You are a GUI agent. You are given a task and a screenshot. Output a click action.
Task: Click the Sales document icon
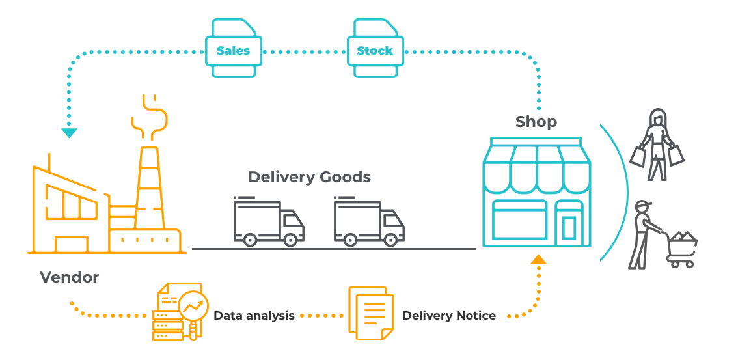coord(234,48)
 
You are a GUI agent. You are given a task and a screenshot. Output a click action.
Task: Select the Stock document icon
coord(375,48)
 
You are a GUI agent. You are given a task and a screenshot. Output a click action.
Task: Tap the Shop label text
coord(536,122)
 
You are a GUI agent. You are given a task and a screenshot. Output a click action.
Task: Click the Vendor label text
coord(69,277)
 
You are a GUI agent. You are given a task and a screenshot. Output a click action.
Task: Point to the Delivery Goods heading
coord(309,177)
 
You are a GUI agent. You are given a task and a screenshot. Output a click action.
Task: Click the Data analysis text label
coord(254,315)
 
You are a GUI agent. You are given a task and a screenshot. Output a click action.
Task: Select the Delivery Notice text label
coord(448,315)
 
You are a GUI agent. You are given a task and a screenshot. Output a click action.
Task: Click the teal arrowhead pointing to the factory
coord(69,133)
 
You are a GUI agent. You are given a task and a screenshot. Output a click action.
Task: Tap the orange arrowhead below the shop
coord(538,259)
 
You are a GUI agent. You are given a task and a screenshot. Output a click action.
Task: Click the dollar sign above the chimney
coord(150,118)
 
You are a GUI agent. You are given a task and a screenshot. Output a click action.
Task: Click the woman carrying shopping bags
coord(657,145)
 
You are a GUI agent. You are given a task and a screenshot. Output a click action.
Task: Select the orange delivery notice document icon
coord(371,313)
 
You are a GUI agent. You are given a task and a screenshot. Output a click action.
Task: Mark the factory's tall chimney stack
coord(151,187)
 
